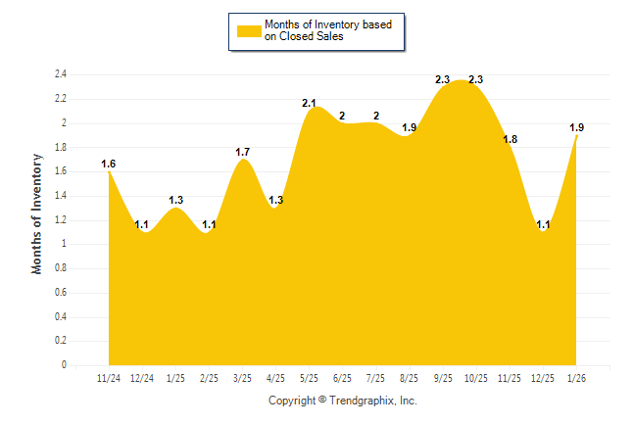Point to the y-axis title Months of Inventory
[37, 212]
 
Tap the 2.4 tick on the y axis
[60, 74]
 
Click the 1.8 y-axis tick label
[60, 148]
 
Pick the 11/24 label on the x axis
[109, 377]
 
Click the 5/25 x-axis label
[310, 377]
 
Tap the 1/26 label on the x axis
[577, 377]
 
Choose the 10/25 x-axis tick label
[477, 377]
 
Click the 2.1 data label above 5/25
[310, 103]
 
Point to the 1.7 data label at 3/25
[243, 152]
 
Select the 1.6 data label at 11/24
[109, 164]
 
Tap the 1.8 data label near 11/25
[510, 140]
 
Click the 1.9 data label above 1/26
[577, 127]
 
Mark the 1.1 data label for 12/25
[544, 224]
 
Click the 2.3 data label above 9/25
[442, 79]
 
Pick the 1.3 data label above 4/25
[276, 200]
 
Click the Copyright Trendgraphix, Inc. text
[343, 401]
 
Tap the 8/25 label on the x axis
[410, 377]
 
